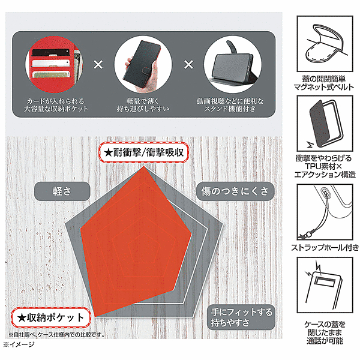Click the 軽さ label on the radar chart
62,191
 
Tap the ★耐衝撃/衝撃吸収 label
144,152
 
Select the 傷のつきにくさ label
235,191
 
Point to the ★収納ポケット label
51,318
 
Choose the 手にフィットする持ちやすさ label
241,317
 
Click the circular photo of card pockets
55,65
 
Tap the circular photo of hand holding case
143,65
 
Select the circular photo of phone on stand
232,65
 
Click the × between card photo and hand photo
98,65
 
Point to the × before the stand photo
188,65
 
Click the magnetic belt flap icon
325,44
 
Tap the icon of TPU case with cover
325,124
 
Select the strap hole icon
325,212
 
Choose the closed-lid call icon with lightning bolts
325,285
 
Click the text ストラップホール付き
325,248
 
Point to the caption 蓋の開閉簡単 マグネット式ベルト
324,83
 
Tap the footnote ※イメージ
19,344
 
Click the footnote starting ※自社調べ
56,335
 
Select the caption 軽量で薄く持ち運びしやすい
143,105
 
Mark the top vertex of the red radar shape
144,166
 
